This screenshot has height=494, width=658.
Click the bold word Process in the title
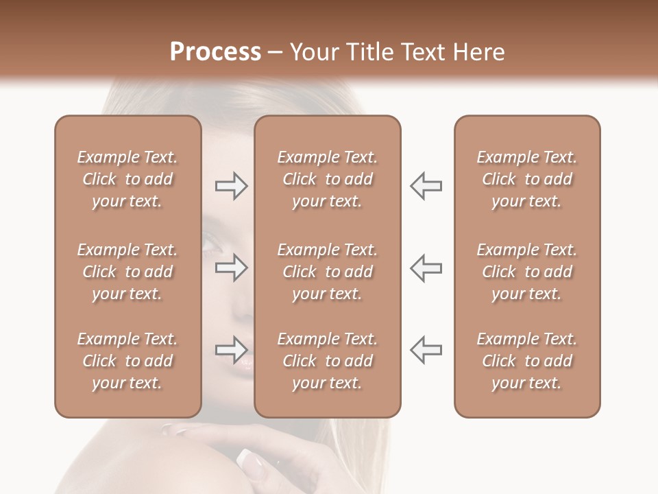pos(215,52)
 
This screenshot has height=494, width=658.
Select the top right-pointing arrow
pos(231,186)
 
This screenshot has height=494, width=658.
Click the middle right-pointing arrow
pos(231,268)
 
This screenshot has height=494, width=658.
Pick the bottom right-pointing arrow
pos(231,350)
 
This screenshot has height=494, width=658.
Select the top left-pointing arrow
pos(426,186)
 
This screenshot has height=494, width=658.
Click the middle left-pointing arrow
pos(426,268)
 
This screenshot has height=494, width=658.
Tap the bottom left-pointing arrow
pos(426,350)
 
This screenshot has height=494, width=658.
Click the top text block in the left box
pos(127,179)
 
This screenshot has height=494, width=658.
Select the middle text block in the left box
pos(127,272)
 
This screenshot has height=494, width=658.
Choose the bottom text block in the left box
pos(127,361)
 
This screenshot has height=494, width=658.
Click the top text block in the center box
pos(327,179)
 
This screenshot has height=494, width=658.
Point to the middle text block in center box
pos(327,272)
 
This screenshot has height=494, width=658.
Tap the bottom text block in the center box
pos(327,361)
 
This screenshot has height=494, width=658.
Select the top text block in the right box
pos(526,179)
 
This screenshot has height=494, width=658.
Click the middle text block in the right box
pos(526,272)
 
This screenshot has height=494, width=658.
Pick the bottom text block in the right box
pos(526,361)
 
